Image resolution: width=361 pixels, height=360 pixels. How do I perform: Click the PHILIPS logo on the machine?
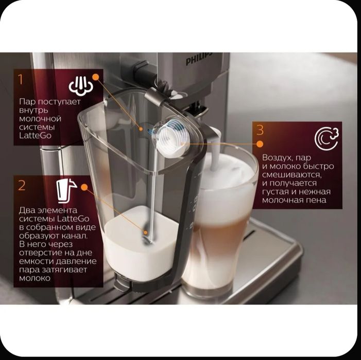(198, 61)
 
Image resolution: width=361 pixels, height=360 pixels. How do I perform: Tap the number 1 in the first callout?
(21, 79)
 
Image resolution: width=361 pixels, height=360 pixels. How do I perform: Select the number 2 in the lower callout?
(22, 185)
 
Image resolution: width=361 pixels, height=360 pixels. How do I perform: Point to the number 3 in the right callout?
(261, 131)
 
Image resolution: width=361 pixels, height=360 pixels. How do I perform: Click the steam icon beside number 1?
(81, 85)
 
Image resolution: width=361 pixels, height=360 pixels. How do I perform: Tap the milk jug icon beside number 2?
(67, 190)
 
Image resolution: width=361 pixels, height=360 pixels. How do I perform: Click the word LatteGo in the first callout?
(35, 136)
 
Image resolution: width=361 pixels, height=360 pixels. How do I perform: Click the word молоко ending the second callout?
(35, 278)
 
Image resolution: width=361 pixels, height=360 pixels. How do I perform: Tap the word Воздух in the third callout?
(279, 157)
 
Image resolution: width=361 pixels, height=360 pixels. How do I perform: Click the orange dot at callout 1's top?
(95, 76)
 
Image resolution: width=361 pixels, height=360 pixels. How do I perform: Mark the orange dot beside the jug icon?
(84, 189)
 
